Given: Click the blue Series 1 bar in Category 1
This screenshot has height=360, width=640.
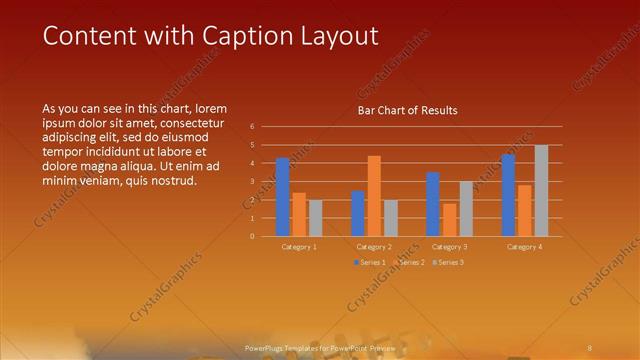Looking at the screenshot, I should coord(283,197).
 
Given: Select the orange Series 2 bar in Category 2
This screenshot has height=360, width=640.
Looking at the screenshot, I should coord(374,196).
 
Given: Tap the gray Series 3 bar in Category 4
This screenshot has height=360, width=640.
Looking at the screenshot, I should coord(541,191).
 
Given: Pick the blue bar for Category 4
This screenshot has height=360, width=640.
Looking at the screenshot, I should coord(508,195).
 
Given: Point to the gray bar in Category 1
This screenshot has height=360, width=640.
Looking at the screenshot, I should coord(315,218).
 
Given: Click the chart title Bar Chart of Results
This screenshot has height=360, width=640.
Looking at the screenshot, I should coord(407,110).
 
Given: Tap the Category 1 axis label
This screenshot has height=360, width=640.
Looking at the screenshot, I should coord(299,246).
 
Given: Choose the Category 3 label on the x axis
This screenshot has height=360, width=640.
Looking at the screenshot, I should coord(449,246).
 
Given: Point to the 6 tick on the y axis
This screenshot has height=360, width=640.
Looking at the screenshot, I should coord(252,127).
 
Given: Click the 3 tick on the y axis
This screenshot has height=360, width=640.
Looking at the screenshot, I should coord(252,181).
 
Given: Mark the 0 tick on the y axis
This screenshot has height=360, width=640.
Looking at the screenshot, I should coord(252,236).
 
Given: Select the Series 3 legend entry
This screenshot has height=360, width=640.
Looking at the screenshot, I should coord(449,262).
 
